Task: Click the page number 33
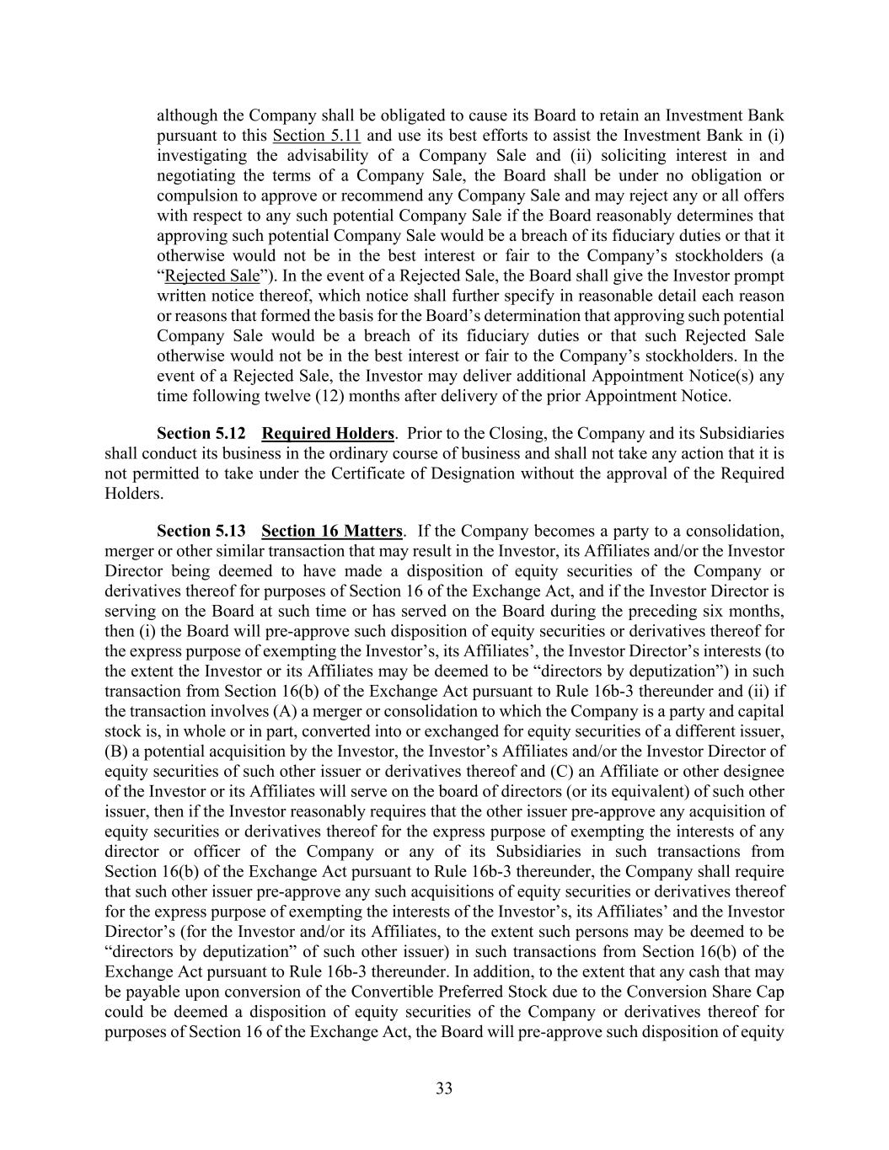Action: pos(444,1088)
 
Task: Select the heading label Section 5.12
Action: pos(201,434)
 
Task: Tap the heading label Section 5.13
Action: pos(201,531)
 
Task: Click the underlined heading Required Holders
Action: pos(328,434)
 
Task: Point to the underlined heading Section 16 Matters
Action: pos(332,531)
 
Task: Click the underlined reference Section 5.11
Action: pos(317,136)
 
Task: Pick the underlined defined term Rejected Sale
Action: pos(212,276)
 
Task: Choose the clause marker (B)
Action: pos(116,752)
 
